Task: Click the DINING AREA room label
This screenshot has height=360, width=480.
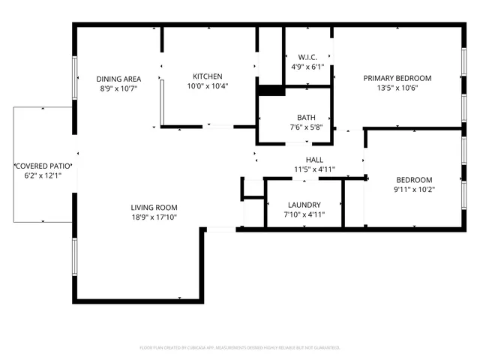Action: [118, 79]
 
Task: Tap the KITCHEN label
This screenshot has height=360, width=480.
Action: [208, 76]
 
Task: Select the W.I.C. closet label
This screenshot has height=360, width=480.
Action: [307, 57]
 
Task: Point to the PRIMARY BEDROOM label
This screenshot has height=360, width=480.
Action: [397, 78]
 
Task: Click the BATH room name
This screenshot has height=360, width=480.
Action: [306, 118]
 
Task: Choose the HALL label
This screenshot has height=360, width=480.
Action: [314, 160]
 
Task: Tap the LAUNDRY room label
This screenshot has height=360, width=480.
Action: [304, 205]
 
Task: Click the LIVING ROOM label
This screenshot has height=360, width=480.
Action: [154, 208]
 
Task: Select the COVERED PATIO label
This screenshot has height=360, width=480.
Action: [43, 166]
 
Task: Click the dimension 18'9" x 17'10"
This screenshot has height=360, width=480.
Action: [154, 217]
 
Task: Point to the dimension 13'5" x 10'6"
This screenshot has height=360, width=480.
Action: [397, 88]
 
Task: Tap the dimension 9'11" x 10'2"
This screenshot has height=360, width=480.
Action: [414, 190]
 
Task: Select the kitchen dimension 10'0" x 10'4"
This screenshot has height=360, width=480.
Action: [208, 86]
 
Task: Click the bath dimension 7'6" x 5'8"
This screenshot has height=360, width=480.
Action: [306, 127]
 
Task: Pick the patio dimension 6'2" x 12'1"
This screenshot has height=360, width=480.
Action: [43, 175]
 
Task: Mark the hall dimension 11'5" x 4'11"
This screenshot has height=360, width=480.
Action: [314, 169]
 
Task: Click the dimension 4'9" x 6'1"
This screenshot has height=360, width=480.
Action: [307, 67]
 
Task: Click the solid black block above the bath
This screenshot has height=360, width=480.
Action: [270, 91]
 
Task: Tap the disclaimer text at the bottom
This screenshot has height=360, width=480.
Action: [240, 348]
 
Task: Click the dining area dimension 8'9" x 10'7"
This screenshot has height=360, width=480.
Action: [118, 88]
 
